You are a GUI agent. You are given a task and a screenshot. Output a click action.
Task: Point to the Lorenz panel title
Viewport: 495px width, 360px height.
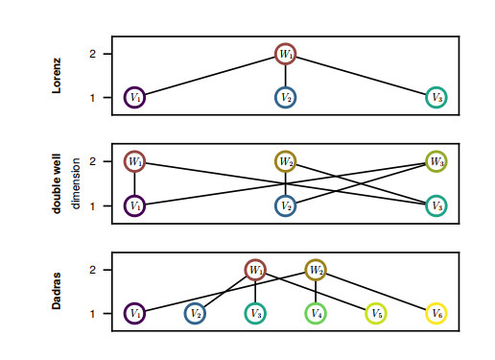57,76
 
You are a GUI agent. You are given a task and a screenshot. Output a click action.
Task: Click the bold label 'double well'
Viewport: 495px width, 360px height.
57,183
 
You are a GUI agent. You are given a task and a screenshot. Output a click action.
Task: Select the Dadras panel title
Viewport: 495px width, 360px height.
57,291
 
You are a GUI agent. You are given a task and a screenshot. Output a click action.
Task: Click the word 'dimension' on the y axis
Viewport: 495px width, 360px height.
76,183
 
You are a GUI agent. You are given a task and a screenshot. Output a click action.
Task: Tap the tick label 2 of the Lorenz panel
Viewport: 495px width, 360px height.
92,54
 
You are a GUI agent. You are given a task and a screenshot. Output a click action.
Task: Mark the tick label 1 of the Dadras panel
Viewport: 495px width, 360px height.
92,314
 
